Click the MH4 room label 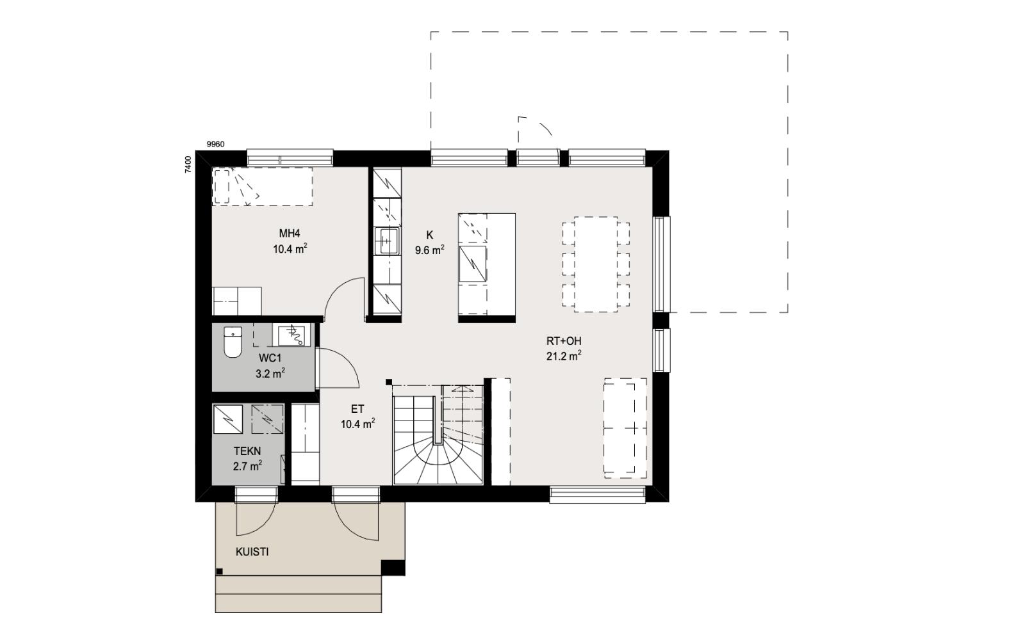[290, 234]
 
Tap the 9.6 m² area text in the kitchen [429, 250]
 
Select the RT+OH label [564, 341]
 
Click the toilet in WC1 [233, 342]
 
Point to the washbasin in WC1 [291, 335]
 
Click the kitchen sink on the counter [387, 241]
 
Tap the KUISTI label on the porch [252, 552]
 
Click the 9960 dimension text [215, 145]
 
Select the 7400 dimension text [188, 164]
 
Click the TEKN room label [247, 451]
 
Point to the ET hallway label [357, 409]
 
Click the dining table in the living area [596, 264]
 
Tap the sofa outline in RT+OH [625, 428]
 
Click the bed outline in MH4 [263, 186]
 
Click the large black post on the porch [393, 568]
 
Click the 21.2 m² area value [564, 356]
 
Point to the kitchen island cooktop [473, 264]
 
